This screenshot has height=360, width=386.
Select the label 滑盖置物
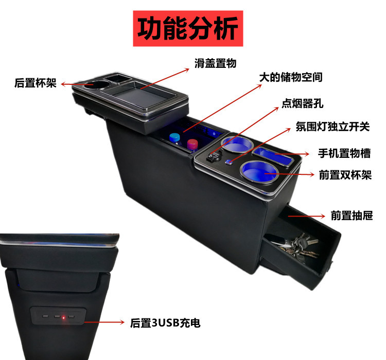click(215, 63)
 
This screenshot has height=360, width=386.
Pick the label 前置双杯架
click(345, 175)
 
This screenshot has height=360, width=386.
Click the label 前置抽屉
click(352, 215)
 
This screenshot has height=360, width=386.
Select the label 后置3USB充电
click(165, 323)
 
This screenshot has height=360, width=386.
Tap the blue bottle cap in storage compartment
click(176, 138)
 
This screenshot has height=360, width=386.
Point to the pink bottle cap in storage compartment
click(192, 143)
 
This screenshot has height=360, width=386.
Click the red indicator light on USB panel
click(63, 317)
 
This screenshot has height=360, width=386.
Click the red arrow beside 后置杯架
click(65, 83)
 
